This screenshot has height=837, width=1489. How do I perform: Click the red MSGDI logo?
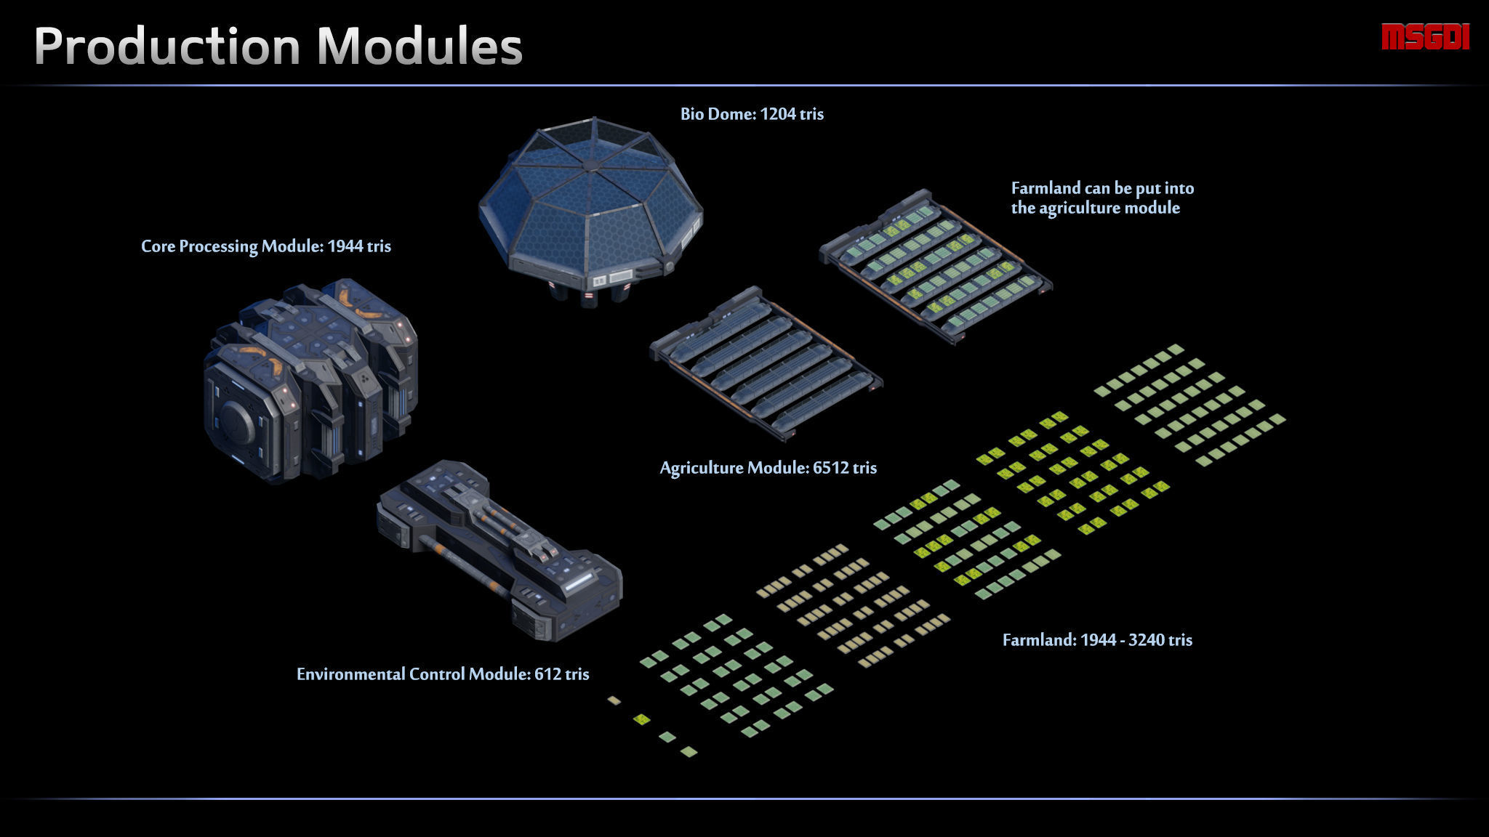pyautogui.click(x=1425, y=37)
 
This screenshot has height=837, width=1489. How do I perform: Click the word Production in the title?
pyautogui.click(x=166, y=46)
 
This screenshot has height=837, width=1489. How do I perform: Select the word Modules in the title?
pyautogui.click(x=420, y=46)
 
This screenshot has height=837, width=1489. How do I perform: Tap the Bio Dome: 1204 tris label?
pyautogui.click(x=752, y=114)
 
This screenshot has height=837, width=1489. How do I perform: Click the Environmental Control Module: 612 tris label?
pyautogui.click(x=442, y=674)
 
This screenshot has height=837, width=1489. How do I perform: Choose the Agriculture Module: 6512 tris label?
pyautogui.click(x=768, y=468)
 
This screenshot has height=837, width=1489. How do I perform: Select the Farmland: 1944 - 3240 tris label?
pyautogui.click(x=1096, y=640)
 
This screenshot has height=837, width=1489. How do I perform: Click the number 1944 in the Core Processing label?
pyautogui.click(x=345, y=246)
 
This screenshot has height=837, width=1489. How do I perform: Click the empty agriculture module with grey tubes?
pyautogui.click(x=766, y=363)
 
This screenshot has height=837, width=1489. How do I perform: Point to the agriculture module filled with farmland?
pyautogui.click(x=936, y=265)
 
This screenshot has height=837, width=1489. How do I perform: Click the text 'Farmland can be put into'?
pyautogui.click(x=1102, y=188)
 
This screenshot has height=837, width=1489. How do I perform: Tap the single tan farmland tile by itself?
pyautogui.click(x=614, y=700)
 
